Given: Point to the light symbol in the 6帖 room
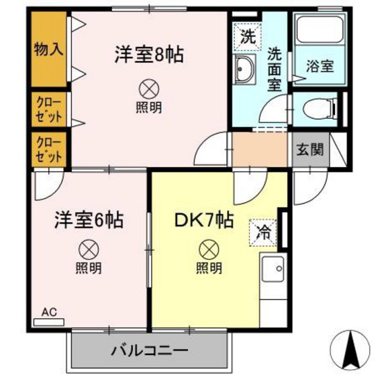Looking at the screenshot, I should (x=88, y=249).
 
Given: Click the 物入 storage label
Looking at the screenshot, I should (x=48, y=50).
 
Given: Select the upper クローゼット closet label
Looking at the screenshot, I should (x=48, y=109).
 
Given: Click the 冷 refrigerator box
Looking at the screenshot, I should (x=265, y=233).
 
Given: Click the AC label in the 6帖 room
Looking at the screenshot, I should (x=48, y=312).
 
